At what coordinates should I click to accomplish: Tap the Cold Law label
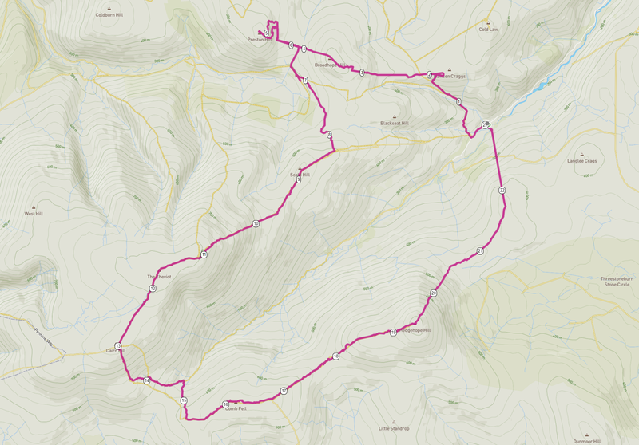pyautogui.click(x=488, y=29)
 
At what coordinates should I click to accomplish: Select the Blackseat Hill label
pyautogui.click(x=394, y=124)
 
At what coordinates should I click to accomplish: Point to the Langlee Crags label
pyautogui.click(x=582, y=161)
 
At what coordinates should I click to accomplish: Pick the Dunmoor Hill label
pyautogui.click(x=586, y=440)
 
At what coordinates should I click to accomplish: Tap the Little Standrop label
pyautogui.click(x=394, y=428)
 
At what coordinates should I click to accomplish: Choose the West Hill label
pyautogui.click(x=34, y=214)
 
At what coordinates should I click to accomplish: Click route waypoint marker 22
pyautogui.click(x=502, y=191)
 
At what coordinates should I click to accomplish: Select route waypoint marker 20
pyautogui.click(x=434, y=293)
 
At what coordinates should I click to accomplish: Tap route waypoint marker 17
pyautogui.click(x=284, y=391)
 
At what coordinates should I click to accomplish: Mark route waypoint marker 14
pyautogui.click(x=147, y=380)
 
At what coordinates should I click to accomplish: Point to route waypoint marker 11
pyautogui.click(x=204, y=254)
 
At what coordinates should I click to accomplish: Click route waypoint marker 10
pyautogui.click(x=256, y=224)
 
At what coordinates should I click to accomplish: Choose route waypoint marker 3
pyautogui.click(x=362, y=73)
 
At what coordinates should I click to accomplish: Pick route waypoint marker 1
pyautogui.click(x=459, y=102)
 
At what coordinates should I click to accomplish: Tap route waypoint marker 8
pyautogui.click(x=329, y=134)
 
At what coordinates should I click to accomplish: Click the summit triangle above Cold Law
pyautogui.click(x=488, y=22)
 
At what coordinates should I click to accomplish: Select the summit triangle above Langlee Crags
pyautogui.click(x=582, y=154)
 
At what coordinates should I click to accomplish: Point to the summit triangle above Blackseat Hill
pyautogui.click(x=394, y=116)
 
